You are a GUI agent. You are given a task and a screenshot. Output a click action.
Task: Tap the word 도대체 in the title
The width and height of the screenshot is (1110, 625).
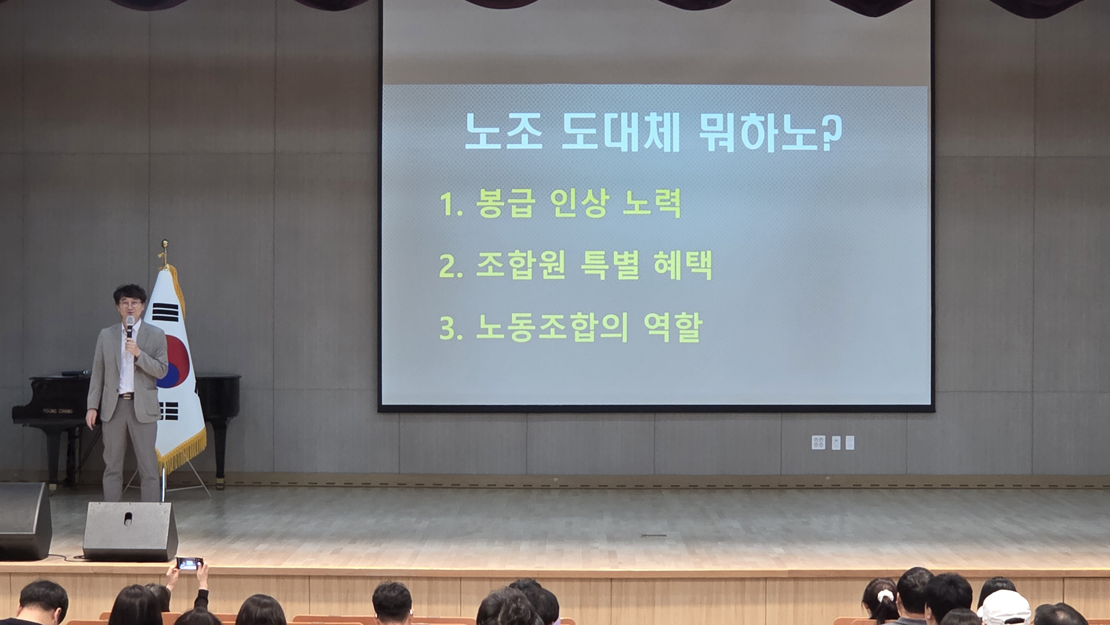[x=620, y=132]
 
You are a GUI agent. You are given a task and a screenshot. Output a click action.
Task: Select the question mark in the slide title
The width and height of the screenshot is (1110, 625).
[x=831, y=133]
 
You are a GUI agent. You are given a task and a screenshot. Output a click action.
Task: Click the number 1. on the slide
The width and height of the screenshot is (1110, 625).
[x=451, y=204]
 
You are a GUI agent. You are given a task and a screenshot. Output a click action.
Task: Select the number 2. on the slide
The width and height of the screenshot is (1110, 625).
[x=451, y=266]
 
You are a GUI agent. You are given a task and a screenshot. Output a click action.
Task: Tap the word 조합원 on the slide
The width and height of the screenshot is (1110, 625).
[x=521, y=265]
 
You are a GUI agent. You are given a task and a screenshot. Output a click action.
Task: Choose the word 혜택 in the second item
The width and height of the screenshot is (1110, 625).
[x=683, y=265]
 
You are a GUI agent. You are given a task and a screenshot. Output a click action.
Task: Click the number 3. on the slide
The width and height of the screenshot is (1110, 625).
[x=451, y=328]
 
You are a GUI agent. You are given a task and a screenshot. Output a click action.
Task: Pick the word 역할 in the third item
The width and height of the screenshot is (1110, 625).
[x=673, y=327]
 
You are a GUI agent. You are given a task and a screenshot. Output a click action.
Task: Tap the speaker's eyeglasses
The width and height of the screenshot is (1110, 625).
[x=129, y=304]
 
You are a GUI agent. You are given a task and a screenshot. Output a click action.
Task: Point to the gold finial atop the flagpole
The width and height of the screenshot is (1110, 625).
[x=164, y=253]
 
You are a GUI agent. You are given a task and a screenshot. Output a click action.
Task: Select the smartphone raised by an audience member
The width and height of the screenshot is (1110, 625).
[x=189, y=563]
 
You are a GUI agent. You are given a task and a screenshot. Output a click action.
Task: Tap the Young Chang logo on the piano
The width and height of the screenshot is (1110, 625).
[x=58, y=411]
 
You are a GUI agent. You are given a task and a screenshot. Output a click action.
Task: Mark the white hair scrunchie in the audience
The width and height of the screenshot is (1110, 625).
[x=885, y=596]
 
